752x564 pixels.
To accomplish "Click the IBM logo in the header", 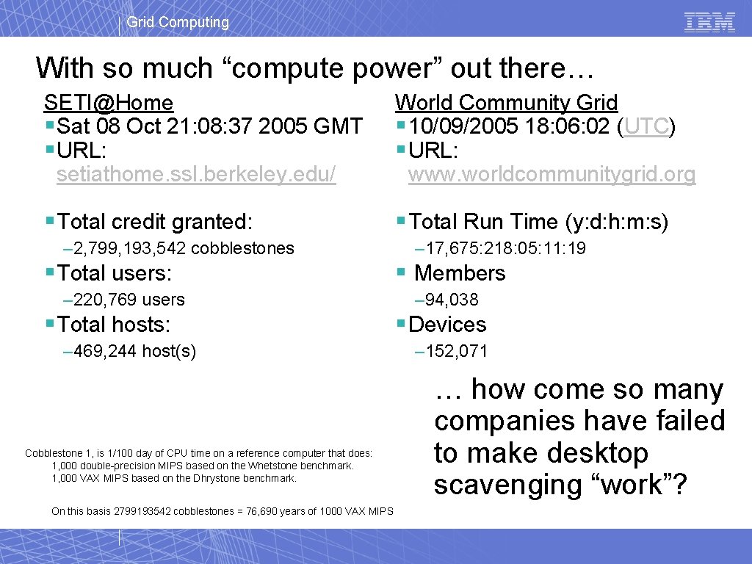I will (709, 22).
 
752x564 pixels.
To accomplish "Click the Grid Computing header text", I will (178, 22).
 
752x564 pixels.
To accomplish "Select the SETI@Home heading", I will (109, 103).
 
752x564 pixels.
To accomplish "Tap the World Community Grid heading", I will (506, 103).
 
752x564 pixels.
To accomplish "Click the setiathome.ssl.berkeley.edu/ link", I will (196, 175).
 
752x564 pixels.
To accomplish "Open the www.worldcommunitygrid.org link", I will (552, 175).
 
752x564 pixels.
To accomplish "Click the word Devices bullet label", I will (447, 325).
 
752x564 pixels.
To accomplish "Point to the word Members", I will (460, 273).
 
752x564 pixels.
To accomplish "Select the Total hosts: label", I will (114, 325).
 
